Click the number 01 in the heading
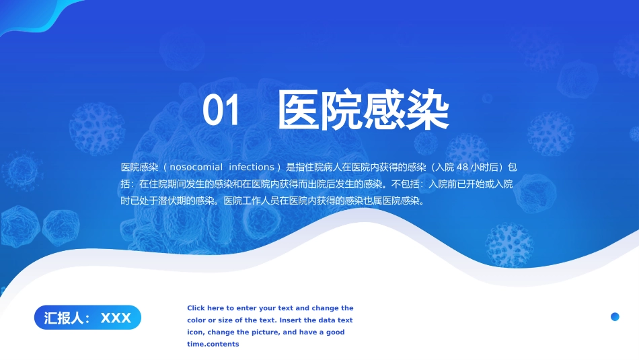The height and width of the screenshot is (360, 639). [x=221, y=111]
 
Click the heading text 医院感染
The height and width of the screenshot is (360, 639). [x=363, y=111]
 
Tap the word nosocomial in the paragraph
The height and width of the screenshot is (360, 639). [x=196, y=167]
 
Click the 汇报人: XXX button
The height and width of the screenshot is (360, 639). [x=87, y=318]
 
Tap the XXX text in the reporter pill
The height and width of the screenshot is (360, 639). [x=116, y=318]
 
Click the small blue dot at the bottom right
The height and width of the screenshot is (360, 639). [x=615, y=317]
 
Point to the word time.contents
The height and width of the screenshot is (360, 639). [x=213, y=345]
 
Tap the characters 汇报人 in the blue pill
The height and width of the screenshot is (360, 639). [x=64, y=318]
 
